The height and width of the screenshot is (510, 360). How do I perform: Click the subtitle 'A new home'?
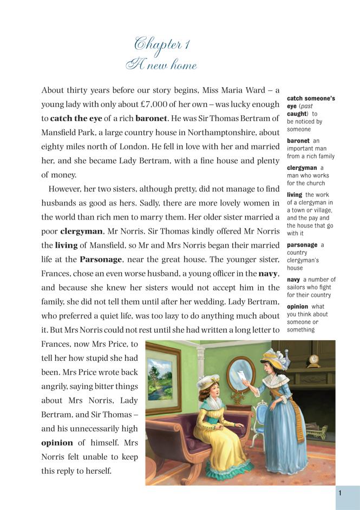161,65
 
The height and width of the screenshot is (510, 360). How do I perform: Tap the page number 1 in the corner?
340,493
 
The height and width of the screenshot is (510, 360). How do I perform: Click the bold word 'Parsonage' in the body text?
101,259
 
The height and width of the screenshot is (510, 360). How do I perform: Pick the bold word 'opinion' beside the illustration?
57,442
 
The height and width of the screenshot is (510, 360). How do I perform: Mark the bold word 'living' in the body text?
66,245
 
